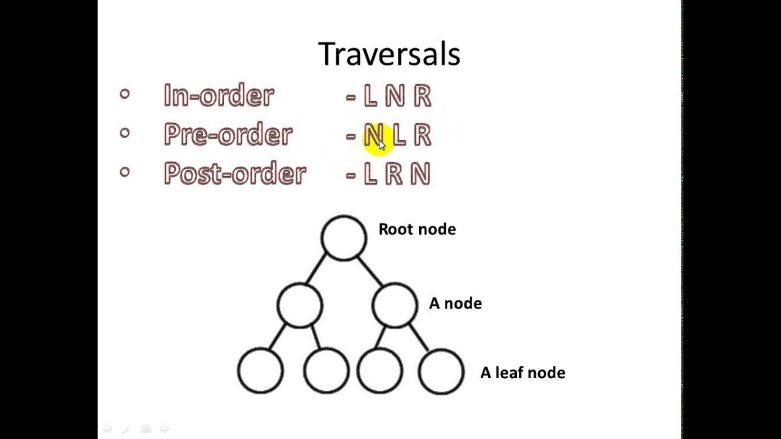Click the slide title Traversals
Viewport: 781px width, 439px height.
point(389,54)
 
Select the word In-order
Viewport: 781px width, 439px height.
point(218,96)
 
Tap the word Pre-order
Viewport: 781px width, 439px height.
point(228,135)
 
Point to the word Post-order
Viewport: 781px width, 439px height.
point(234,174)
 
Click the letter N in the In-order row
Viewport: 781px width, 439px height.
point(395,96)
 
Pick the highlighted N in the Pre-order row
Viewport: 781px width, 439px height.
point(373,135)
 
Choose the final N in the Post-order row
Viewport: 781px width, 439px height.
point(420,174)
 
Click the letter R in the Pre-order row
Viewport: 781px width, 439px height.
point(422,135)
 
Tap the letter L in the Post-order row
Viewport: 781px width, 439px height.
point(370,174)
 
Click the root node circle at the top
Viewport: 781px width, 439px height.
point(344,238)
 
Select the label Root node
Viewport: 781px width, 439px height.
point(417,229)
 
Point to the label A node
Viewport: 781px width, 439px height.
point(455,304)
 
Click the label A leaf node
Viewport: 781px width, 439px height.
point(522,373)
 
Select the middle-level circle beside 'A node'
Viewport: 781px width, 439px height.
point(394,305)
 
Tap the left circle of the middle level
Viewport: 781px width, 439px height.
point(300,305)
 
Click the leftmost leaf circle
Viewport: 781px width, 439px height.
point(261,371)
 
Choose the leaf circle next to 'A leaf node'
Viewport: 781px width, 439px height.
point(441,371)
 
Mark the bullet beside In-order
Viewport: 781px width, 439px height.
point(125,94)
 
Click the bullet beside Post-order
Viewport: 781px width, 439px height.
point(125,172)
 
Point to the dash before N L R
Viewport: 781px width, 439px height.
point(351,136)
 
